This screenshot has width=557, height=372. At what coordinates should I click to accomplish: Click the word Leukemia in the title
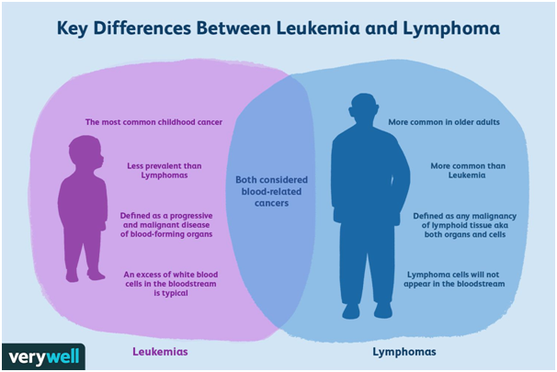(x=318, y=28)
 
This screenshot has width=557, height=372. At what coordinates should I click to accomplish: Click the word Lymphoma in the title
(x=451, y=29)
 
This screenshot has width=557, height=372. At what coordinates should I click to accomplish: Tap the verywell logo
(x=43, y=356)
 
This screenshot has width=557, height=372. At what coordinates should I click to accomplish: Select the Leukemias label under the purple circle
(x=160, y=352)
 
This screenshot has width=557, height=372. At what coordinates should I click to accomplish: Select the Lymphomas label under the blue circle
(x=404, y=352)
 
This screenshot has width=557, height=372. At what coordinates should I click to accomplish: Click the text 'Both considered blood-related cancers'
(x=271, y=191)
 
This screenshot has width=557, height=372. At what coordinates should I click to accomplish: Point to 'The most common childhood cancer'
(x=153, y=122)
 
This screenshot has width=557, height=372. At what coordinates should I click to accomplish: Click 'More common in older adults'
(x=444, y=122)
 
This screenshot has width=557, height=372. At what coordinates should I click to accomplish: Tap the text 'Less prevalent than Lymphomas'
(x=165, y=170)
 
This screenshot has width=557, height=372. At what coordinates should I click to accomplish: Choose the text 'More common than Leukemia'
(x=468, y=170)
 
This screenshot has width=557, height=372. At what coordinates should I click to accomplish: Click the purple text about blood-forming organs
(x=166, y=225)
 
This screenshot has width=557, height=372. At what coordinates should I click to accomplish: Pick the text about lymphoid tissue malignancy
(x=465, y=225)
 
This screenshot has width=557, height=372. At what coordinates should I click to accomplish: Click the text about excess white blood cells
(x=171, y=284)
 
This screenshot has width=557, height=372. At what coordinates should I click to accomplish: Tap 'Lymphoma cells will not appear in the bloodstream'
(x=454, y=279)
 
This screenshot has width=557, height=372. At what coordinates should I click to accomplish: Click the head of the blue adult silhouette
(x=364, y=109)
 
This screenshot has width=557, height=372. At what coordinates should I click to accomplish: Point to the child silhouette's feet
(x=85, y=276)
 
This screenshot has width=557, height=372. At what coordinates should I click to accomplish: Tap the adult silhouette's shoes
(x=368, y=311)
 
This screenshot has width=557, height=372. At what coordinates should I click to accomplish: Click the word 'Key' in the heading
(x=72, y=28)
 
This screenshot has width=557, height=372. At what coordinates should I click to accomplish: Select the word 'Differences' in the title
(x=142, y=28)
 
